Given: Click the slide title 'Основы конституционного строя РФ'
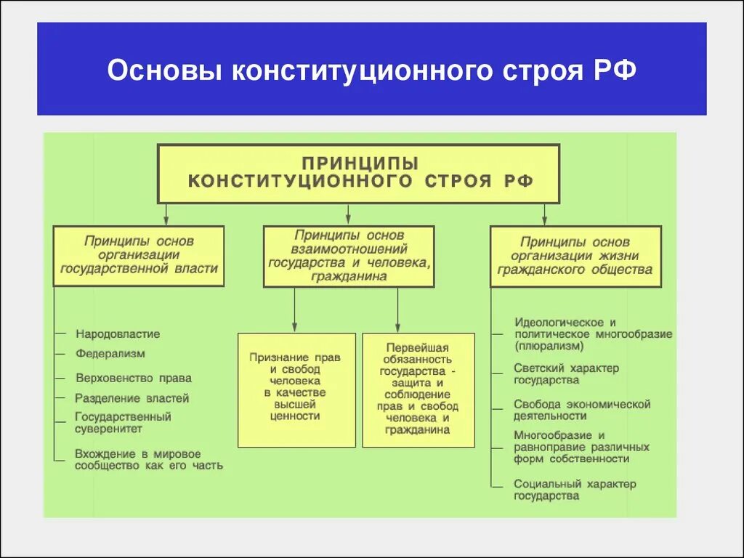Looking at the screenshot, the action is tap(371, 70).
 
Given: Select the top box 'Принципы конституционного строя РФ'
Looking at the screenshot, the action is tap(359, 173).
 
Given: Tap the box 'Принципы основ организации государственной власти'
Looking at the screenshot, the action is tap(139, 255).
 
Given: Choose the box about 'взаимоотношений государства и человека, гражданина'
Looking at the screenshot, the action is tap(349, 256).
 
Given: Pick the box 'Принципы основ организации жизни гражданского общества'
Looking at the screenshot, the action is tap(575, 256).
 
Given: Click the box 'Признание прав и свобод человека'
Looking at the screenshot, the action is tap(296, 389).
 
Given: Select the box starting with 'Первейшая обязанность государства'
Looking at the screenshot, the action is tap(418, 389).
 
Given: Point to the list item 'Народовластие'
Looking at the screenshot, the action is tap(118, 334).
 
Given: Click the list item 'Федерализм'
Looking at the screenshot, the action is tap(110, 354).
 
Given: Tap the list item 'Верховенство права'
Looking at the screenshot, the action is tap(134, 378).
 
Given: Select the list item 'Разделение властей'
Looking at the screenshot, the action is tap(132, 398).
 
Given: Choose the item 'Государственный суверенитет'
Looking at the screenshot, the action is tap(124, 423).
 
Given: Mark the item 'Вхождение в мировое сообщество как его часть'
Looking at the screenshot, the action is tap(148, 459).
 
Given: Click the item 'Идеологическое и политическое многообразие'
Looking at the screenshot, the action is tap(592, 328).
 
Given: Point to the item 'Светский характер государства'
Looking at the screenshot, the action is tap(566, 373).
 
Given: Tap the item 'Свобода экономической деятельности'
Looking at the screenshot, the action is tap(581, 410).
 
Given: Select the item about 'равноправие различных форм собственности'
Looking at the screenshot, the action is tap(581, 447).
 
